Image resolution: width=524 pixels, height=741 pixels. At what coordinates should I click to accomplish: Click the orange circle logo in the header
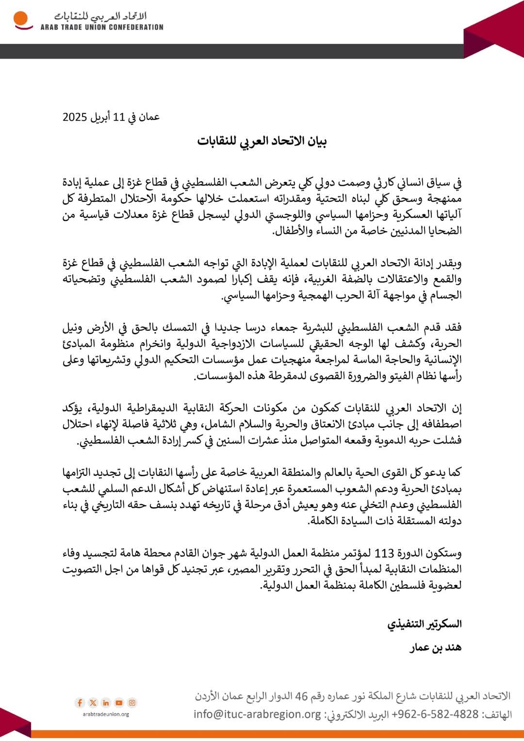(21, 20)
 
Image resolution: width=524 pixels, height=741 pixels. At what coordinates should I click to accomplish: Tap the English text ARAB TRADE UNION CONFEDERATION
(102, 28)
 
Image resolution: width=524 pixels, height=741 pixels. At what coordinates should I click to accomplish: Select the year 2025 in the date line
(75, 117)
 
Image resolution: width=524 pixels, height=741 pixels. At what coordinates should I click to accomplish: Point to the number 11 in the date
(119, 117)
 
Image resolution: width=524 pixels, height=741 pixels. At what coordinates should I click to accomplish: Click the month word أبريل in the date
(100, 117)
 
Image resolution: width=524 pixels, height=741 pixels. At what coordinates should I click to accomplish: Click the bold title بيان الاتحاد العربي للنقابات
(262, 141)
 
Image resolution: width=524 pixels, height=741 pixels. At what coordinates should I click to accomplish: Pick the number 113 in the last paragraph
(384, 553)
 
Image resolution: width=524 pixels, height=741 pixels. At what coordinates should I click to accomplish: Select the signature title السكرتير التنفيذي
(425, 624)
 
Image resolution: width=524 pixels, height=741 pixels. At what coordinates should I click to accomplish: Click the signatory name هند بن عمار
(436, 647)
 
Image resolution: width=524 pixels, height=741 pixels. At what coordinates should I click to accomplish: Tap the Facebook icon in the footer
(80, 703)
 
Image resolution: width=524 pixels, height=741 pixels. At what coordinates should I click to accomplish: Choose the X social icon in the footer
(93, 703)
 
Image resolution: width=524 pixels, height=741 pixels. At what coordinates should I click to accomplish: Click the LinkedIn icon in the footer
(106, 703)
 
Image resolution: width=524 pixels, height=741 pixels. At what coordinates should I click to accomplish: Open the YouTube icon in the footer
(119, 703)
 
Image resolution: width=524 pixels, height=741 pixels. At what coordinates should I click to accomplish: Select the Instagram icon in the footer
(132, 703)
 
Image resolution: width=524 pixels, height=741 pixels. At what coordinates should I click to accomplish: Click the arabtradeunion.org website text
(106, 714)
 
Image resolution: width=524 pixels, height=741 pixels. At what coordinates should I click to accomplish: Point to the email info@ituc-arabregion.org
(257, 714)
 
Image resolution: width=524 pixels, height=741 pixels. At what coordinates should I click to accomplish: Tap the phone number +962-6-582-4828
(435, 714)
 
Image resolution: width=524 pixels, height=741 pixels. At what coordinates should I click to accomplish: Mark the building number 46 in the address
(302, 697)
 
